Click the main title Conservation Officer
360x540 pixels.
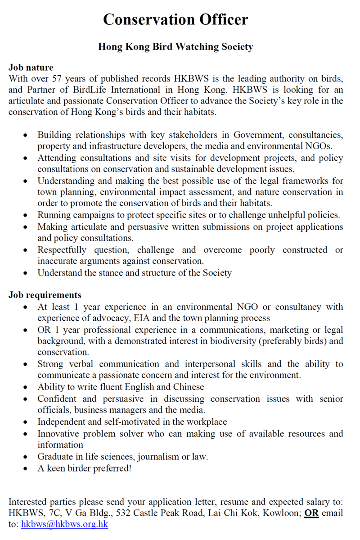(175, 19)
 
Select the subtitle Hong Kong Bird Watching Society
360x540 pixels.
(175, 47)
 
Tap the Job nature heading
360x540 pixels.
(31, 68)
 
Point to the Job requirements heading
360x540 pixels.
(45, 295)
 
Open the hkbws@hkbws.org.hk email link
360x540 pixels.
(64, 524)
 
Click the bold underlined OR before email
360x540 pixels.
(311, 513)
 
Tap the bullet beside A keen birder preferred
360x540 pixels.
(28, 468)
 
